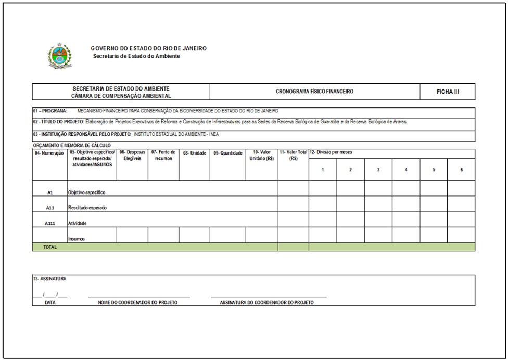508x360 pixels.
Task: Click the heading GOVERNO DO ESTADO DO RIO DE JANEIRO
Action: point(148,48)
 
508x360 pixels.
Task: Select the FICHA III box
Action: point(448,92)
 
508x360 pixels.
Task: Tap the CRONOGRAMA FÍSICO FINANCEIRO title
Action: point(314,92)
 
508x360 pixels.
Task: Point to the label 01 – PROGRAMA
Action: point(50,111)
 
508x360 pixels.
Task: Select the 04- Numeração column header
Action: point(49,153)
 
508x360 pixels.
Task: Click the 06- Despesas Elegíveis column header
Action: point(132,155)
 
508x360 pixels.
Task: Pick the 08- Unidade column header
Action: point(194,153)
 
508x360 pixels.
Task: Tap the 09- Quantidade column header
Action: point(227,153)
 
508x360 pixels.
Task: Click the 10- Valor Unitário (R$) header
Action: point(262,155)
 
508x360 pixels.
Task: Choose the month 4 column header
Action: point(406,170)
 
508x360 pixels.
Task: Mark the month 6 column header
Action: point(462,170)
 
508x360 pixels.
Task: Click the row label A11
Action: point(50,208)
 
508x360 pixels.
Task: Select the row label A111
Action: point(50,223)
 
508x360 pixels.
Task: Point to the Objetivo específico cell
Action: point(86,192)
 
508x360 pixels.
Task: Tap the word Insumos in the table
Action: point(77,239)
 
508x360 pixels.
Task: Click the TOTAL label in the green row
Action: point(50,247)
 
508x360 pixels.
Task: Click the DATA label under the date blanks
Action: point(50,302)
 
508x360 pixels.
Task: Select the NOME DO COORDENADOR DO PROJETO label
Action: point(138,302)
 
